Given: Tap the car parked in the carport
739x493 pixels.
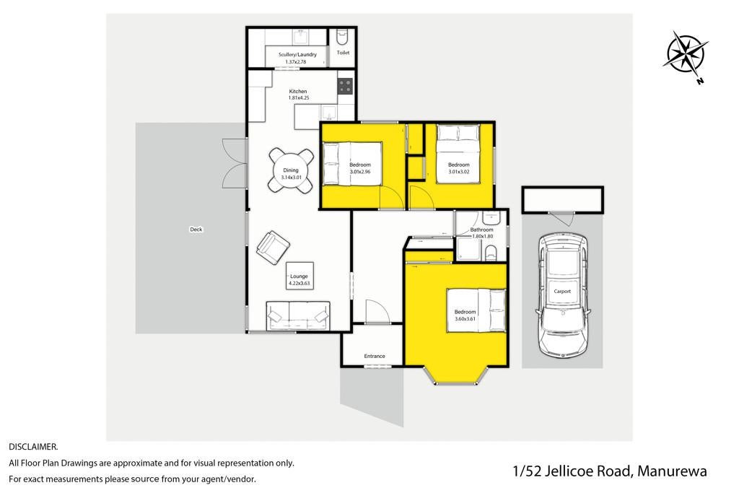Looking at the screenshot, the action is click(562, 296).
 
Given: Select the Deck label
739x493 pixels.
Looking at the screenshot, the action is click(196, 230).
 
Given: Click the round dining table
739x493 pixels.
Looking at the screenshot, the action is click(291, 170).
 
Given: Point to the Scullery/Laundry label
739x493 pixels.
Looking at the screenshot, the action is click(297, 55).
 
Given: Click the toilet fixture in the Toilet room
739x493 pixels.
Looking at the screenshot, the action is click(342, 35).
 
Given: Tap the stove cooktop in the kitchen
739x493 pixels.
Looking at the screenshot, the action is click(345, 87).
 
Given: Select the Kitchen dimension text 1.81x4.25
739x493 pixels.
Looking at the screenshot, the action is click(298, 98).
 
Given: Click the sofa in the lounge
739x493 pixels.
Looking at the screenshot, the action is click(298, 315).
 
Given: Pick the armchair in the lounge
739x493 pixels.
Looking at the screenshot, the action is click(273, 248).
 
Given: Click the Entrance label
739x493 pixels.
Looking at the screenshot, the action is click(375, 357).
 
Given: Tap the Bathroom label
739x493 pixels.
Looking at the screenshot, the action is click(481, 230).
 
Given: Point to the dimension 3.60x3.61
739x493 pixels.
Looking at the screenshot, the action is click(465, 319).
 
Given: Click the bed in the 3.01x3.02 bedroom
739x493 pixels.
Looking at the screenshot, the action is click(458, 154).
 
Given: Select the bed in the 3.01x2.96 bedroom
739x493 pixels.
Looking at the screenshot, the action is click(352, 164).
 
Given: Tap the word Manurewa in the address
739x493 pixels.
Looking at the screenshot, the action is click(672, 471).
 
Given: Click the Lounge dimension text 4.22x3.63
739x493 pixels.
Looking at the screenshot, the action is click(299, 284).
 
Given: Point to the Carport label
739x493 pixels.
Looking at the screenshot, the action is click(562, 292).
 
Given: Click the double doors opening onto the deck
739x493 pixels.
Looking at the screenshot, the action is click(235, 164).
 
